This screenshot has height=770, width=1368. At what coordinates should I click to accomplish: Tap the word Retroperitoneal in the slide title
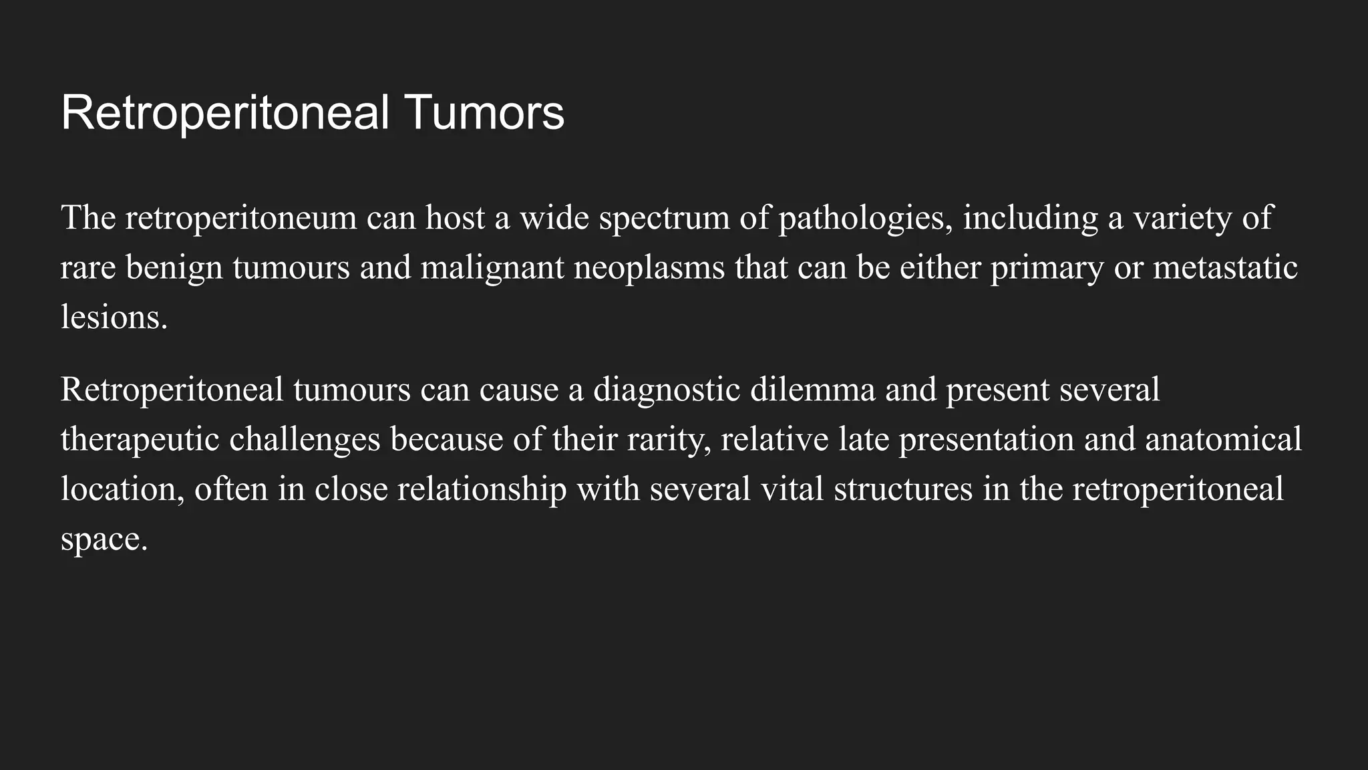click(225, 112)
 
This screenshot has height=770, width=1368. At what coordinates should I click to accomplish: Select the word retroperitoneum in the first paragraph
click(240, 219)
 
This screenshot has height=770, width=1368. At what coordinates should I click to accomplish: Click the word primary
click(1047, 268)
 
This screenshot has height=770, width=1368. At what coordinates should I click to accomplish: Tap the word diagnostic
click(667, 390)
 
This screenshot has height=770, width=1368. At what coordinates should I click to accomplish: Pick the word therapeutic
click(140, 440)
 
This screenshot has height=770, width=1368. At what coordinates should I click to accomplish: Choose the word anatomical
click(1223, 440)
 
